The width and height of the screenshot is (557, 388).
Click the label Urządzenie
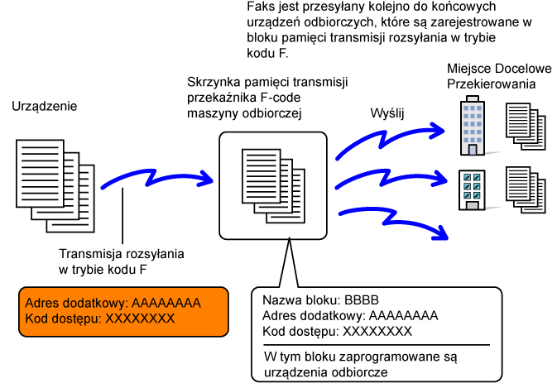(x=45, y=107)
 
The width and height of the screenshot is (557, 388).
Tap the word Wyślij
(x=387, y=113)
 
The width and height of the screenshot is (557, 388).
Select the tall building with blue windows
(x=473, y=126)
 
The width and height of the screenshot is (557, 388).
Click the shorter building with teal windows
(x=472, y=190)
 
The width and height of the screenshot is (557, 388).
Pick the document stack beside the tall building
(x=526, y=127)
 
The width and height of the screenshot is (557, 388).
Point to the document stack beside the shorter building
(x=526, y=190)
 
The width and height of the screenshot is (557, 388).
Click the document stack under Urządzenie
(x=55, y=186)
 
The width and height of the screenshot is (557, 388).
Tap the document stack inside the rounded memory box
(x=273, y=186)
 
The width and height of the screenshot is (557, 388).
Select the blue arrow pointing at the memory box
(x=156, y=179)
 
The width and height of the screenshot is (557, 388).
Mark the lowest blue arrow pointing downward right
(x=391, y=219)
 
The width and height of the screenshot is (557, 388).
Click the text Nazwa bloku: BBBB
(x=320, y=300)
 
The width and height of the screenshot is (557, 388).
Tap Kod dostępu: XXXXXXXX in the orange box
(x=100, y=319)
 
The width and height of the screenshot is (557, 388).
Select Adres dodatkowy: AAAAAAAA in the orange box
(x=113, y=303)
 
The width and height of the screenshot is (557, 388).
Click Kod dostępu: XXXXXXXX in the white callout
(x=337, y=331)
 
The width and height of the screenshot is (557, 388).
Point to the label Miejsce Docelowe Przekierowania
(x=499, y=76)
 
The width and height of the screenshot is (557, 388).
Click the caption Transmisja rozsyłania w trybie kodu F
(x=122, y=261)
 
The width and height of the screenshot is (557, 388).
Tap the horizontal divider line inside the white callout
(x=377, y=345)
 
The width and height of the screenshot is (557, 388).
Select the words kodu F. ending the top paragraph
(x=267, y=53)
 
